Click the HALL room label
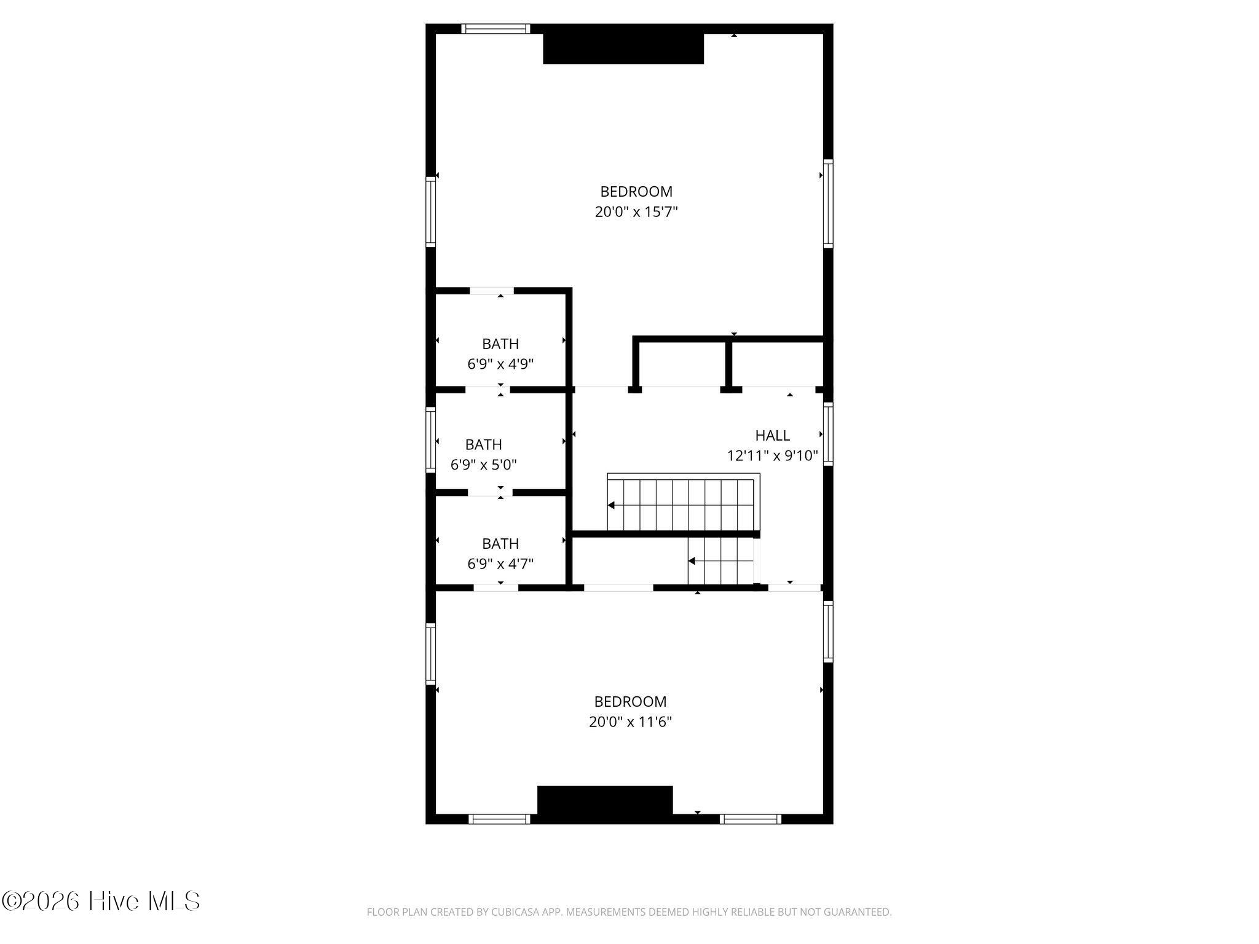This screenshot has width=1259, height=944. coord(772,436)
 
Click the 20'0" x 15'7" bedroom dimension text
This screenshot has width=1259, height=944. coord(636,212)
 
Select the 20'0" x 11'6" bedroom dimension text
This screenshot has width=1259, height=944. coord(630,722)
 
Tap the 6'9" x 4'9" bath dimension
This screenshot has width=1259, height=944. coord(500,364)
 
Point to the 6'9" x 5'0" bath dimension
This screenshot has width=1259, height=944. coord(484,465)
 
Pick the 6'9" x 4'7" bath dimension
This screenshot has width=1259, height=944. coord(500,564)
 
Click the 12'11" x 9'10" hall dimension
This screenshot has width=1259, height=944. coord(772,456)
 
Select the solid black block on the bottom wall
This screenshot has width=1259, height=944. coord(605,801)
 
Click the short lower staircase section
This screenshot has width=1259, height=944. coord(721,560)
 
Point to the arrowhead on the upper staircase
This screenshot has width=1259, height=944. coord(611,505)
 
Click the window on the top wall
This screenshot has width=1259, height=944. coord(495,28)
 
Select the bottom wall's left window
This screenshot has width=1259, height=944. coord(499,819)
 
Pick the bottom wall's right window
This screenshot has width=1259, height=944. coord(751,819)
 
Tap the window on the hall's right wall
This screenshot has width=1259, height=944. coord(828,434)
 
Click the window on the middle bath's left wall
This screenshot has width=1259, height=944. coord(430,440)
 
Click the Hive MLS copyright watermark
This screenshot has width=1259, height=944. coord(101,902)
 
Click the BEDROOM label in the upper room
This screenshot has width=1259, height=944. coord(636,192)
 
